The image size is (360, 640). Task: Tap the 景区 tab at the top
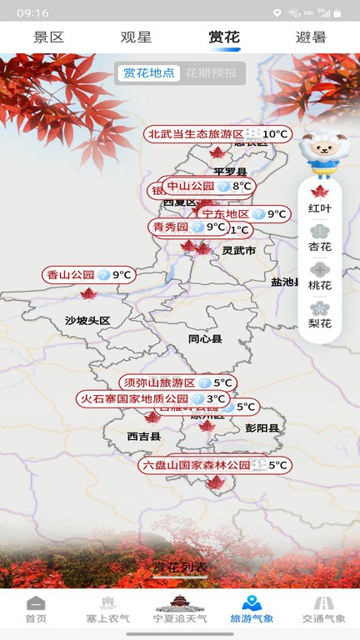(48, 37)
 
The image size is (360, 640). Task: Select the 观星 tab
(136, 37)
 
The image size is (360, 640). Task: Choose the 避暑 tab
(311, 37)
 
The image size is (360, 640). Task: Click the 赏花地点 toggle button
(149, 72)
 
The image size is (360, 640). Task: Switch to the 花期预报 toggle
(211, 72)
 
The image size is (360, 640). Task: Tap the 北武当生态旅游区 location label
(195, 134)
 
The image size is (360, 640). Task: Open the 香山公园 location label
(70, 274)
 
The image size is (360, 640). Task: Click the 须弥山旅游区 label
(158, 382)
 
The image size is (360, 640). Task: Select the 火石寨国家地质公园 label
(133, 399)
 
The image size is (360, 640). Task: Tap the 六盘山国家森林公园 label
(196, 465)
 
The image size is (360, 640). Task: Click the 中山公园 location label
(190, 187)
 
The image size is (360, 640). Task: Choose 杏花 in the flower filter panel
(320, 238)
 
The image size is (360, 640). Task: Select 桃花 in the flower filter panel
(320, 277)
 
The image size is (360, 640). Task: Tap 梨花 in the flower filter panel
(320, 315)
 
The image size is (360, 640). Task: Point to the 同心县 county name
(205, 339)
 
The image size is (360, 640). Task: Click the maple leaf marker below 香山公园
(88, 293)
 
